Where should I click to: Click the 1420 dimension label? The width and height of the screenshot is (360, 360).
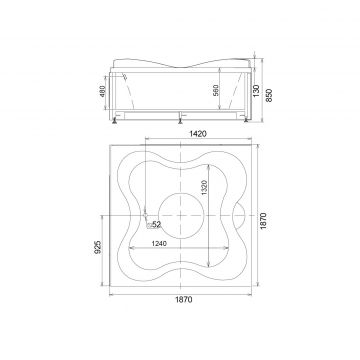[x=198, y=134]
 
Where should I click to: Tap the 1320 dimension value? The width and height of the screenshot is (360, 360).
[x=205, y=188]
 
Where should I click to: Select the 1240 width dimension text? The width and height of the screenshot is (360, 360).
[x=159, y=244]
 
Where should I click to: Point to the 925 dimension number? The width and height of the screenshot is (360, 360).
[x=97, y=247]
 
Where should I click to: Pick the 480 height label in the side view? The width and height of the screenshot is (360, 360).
[x=102, y=91]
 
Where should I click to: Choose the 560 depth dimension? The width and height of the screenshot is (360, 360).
[x=215, y=91]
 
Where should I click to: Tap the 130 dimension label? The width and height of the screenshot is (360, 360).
[x=256, y=90]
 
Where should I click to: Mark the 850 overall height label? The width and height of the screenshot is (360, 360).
[x=269, y=95]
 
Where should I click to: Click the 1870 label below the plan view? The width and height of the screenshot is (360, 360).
[x=184, y=299]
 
